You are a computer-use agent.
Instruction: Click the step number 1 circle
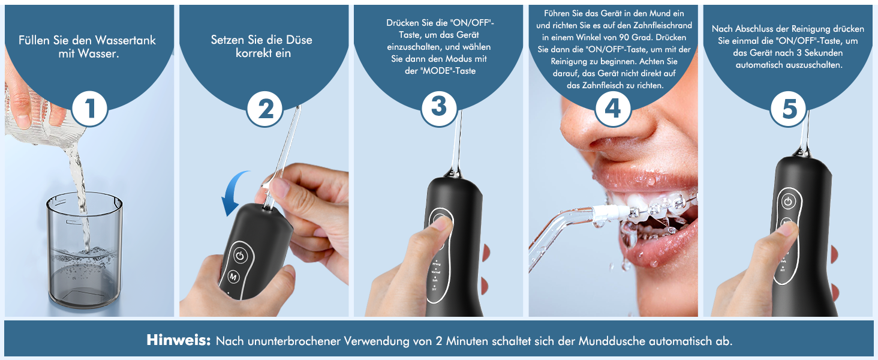tap(90, 108)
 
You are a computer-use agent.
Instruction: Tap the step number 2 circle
tap(265, 108)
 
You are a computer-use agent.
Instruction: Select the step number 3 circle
tap(439, 108)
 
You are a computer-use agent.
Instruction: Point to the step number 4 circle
tap(614, 108)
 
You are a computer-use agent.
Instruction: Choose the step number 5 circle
tap(788, 108)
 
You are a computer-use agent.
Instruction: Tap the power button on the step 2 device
tap(240, 256)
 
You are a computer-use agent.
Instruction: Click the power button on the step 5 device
tap(788, 202)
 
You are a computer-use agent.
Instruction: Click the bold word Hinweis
tap(179, 340)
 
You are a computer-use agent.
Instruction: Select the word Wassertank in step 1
tap(125, 40)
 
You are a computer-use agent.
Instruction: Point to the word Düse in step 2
tap(299, 40)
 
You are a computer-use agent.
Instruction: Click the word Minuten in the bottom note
tap(467, 341)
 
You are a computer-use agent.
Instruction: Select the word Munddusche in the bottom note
tap(612, 341)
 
